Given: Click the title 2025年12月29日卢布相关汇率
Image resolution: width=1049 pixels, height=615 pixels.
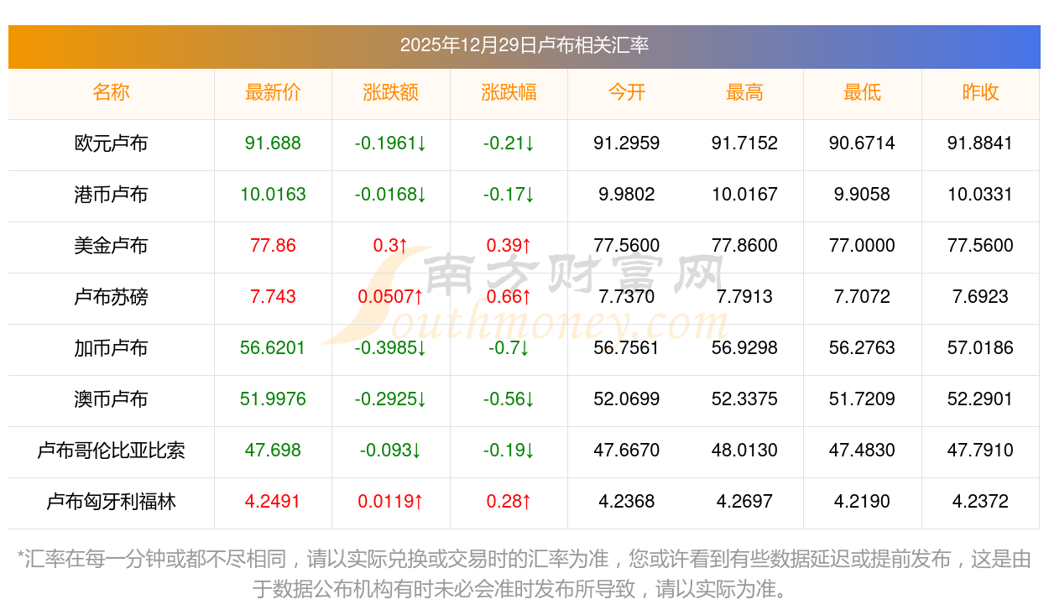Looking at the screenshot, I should (524, 45).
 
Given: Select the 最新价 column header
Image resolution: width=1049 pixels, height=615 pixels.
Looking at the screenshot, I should (273, 93).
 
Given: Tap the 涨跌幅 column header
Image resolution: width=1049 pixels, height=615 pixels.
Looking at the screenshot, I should (509, 93).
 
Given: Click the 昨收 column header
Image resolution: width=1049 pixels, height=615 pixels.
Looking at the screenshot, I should (980, 93).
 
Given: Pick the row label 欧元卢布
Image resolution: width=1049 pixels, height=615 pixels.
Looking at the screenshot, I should (111, 143).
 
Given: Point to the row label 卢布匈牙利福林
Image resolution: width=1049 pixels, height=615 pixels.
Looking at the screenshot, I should (111, 502).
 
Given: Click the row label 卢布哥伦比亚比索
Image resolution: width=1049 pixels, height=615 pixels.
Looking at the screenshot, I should (111, 451).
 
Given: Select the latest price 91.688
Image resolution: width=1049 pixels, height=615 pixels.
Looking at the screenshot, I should (273, 143).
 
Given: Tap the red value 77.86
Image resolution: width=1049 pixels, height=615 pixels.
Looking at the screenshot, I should (273, 246).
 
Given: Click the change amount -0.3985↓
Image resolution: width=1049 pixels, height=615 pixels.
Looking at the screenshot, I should (390, 348).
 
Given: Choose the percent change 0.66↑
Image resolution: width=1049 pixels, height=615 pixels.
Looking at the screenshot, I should (509, 297).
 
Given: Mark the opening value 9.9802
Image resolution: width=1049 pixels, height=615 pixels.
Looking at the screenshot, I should (627, 195).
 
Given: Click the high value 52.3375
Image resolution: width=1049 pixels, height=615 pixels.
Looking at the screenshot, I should (744, 399).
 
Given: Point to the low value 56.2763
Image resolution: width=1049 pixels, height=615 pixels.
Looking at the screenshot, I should (862, 348).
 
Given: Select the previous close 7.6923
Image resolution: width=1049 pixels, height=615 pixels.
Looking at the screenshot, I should (980, 297).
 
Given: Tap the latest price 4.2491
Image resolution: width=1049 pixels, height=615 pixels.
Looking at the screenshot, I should (273, 502).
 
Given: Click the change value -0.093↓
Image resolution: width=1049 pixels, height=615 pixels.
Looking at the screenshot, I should (390, 451).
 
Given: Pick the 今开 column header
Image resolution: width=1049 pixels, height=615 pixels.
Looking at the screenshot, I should (627, 93).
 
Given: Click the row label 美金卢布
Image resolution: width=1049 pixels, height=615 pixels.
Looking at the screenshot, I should (111, 246).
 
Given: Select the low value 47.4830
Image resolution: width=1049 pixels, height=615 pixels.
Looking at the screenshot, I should (862, 451).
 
